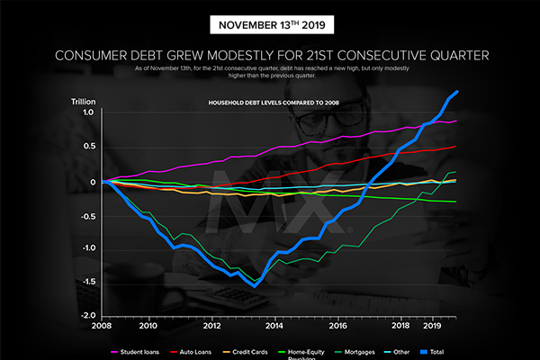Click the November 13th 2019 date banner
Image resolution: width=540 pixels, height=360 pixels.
point(269,24)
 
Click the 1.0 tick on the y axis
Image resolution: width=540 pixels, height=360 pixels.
point(88,113)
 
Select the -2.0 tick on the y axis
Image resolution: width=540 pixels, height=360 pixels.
point(86,315)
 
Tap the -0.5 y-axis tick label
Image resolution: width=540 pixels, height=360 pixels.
point(86,214)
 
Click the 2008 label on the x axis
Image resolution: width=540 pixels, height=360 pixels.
point(104,328)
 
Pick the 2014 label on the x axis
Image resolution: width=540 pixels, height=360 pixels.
point(275,328)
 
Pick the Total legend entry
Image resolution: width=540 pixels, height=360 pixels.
point(481,351)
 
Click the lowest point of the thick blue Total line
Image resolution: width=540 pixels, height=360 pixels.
point(256,286)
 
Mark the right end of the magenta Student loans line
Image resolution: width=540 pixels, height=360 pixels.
point(456,121)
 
